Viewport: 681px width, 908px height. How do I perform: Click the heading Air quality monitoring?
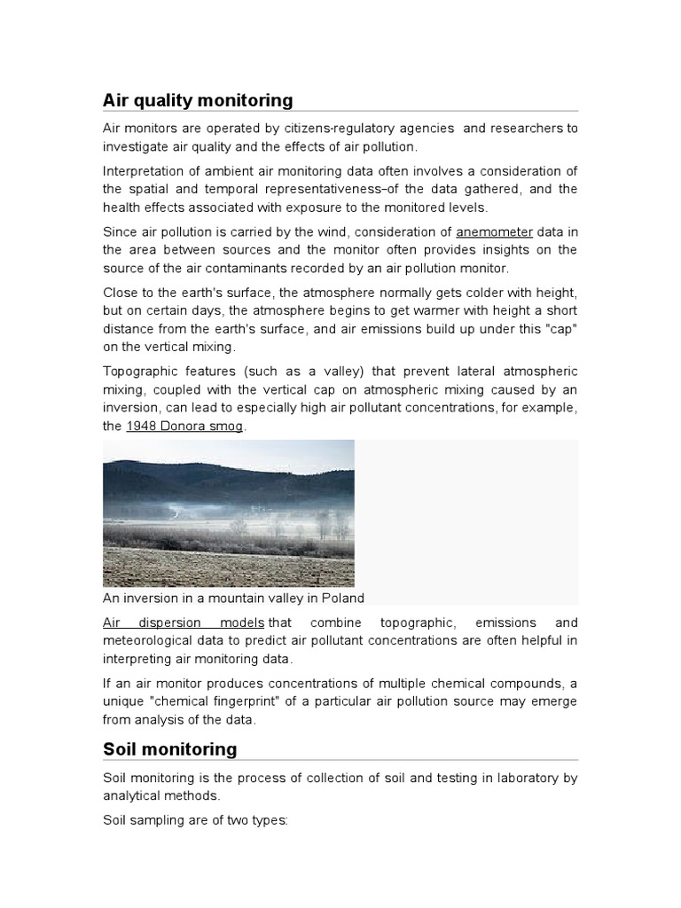click(x=198, y=99)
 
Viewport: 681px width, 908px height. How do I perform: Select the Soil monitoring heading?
click(x=170, y=748)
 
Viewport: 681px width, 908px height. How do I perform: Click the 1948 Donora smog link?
click(x=184, y=426)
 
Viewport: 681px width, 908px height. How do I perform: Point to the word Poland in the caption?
click(x=343, y=598)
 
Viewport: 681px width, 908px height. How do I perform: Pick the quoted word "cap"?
click(x=559, y=329)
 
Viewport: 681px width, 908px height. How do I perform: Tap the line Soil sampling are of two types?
click(x=195, y=820)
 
